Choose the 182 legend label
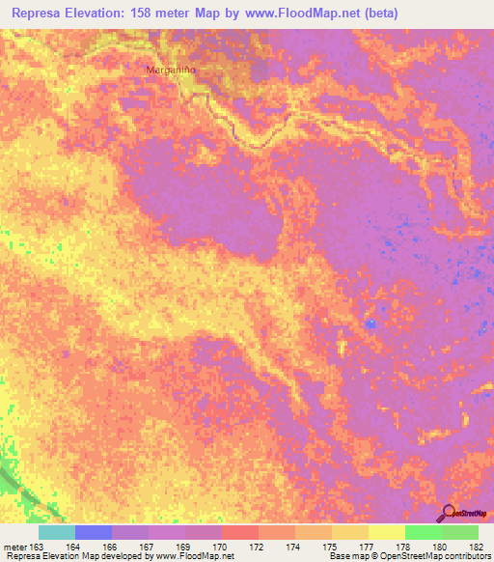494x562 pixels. pos(478,546)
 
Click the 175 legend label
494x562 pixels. pos(331,546)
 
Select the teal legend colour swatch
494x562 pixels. pos(57,532)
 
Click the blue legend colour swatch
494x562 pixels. pos(94,532)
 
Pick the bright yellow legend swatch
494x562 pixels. pos(386,532)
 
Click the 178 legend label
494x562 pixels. pos(404,546)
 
